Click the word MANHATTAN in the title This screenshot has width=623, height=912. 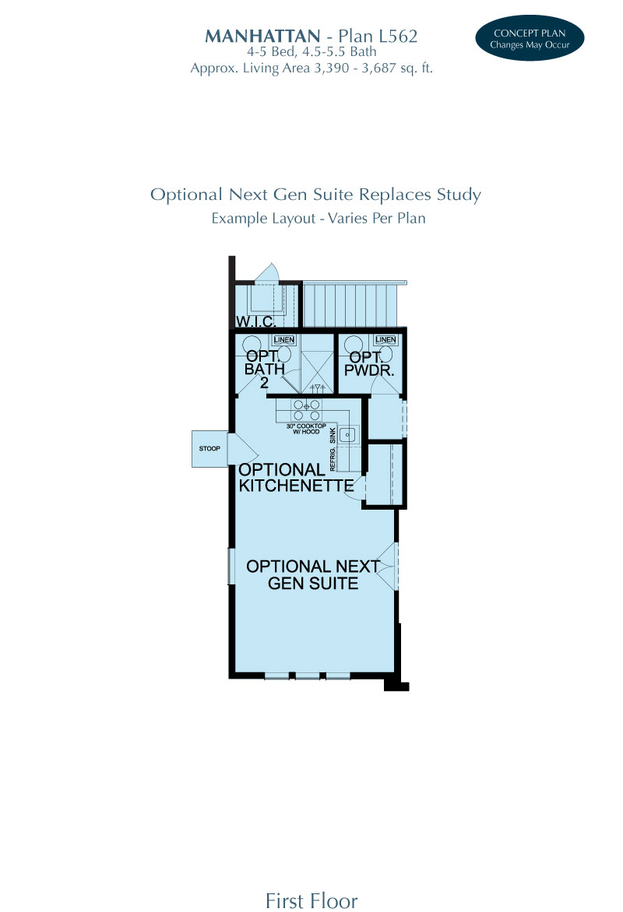(x=262, y=36)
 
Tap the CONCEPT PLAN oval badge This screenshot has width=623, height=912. (x=529, y=38)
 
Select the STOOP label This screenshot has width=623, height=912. (x=208, y=448)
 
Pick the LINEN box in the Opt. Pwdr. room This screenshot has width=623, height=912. (x=385, y=340)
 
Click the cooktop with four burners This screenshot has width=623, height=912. (x=306, y=409)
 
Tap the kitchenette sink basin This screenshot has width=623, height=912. (x=348, y=434)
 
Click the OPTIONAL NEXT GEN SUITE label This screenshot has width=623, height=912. (x=313, y=575)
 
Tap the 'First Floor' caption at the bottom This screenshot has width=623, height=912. (x=311, y=900)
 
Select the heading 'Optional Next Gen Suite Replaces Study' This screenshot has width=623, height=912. (x=315, y=195)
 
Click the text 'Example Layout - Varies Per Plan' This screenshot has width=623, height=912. (x=319, y=218)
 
